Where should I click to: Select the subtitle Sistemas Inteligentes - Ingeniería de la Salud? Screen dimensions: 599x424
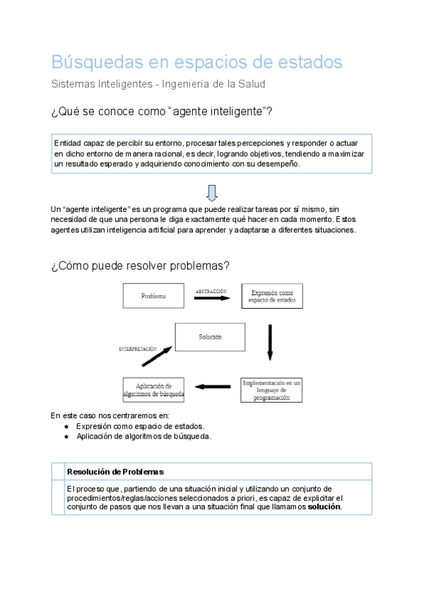(158, 84)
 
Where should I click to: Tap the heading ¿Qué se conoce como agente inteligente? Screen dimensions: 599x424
(162, 112)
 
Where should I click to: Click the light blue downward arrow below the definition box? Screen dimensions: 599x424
(211, 192)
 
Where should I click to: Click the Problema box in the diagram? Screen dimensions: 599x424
(153, 296)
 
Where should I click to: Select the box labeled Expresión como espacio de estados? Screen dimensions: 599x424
(271, 296)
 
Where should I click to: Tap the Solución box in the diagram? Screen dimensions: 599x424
(209, 337)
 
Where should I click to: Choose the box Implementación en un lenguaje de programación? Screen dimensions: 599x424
(271, 389)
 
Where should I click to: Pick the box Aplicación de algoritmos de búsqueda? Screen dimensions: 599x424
(153, 390)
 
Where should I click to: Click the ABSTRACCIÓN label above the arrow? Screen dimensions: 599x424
(211, 290)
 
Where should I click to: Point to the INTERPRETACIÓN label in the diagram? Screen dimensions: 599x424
(138, 349)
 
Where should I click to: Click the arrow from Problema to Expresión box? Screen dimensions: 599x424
(211, 299)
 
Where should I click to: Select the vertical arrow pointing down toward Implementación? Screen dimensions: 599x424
(269, 343)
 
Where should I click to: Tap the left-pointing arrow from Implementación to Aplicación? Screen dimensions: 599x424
(213, 386)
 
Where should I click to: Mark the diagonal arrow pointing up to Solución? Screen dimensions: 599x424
(157, 355)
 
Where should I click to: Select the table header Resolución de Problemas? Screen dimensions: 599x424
(115, 471)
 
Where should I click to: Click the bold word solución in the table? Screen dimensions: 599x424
(324, 506)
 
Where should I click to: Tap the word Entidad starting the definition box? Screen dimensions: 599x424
(67, 143)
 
